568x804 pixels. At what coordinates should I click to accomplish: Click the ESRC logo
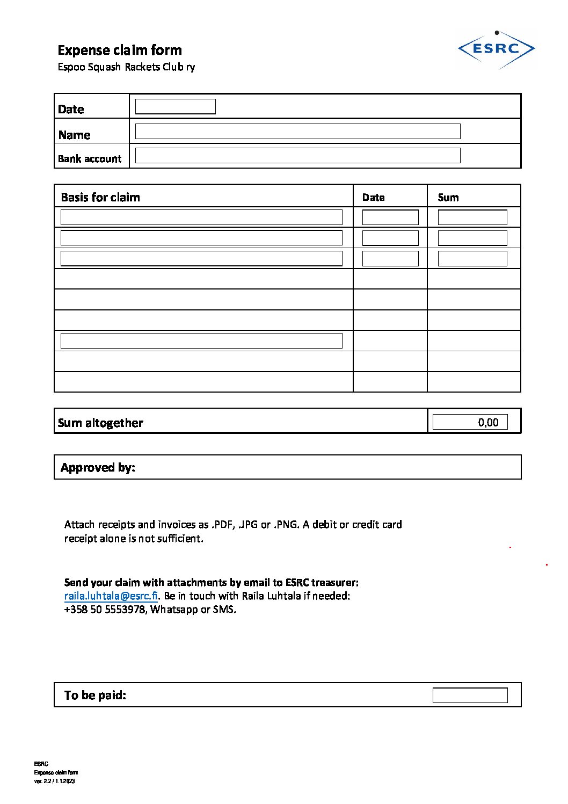pos(496,49)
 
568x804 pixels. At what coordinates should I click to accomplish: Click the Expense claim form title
pos(120,50)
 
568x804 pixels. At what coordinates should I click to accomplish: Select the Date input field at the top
pos(175,106)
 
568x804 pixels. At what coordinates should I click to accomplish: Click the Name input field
pos(297,131)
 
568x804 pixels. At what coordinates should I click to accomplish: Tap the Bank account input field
pos(297,155)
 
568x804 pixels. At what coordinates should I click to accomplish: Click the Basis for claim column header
pos(100,197)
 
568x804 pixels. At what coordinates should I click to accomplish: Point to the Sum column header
pos(448,197)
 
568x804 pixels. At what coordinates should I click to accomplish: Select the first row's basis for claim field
pos(201,217)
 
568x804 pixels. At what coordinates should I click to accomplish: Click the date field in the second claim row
pos(390,237)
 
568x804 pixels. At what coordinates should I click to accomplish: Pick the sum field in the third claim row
pos(472,258)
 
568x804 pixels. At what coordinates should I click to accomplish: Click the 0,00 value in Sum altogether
pos(488,422)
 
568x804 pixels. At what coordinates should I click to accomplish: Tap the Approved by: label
pos(98,467)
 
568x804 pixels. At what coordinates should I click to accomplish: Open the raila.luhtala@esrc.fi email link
pos(111,596)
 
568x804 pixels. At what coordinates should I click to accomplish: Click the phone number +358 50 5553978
pos(105,609)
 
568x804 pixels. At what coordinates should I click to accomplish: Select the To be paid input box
pos(470,695)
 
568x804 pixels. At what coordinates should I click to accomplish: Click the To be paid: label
pos(95,695)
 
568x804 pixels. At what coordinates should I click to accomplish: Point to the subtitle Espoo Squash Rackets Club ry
pos(126,67)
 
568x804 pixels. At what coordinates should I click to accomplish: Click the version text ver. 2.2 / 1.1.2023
pos(54,781)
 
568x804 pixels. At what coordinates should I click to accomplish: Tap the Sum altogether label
pos(100,423)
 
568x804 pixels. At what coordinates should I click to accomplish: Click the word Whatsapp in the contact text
pos(174,609)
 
